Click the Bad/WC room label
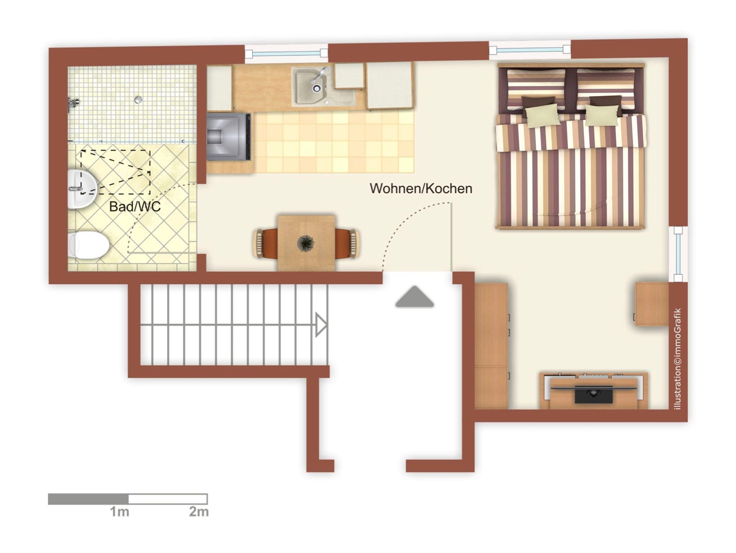pos(135,207)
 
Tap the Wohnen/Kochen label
pos(421,189)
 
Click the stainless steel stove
pos(229,136)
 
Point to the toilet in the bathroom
pos(88,244)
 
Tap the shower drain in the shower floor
pos(138,100)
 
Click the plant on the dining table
pos(306,243)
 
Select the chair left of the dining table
pos(266,243)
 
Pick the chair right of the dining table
pos(347,243)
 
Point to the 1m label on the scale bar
pos(119,512)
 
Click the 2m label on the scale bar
pos(199,512)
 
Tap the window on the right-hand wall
pos(678,254)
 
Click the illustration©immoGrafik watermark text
pos(678,359)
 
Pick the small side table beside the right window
pos(652,304)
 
